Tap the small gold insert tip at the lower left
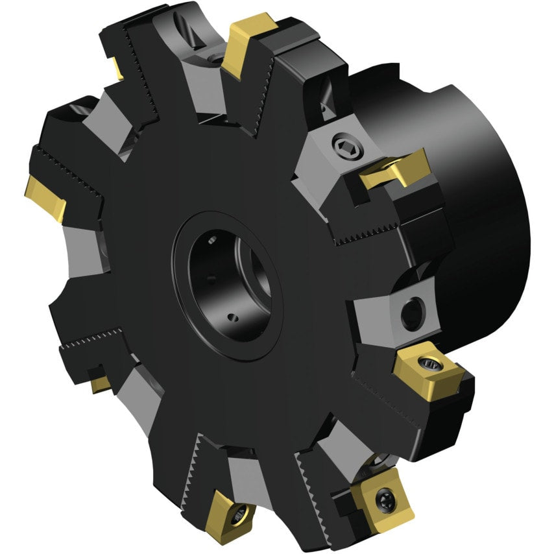[x=100, y=384]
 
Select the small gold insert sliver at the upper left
[x=117, y=68]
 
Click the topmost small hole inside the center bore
[x=211, y=241]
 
